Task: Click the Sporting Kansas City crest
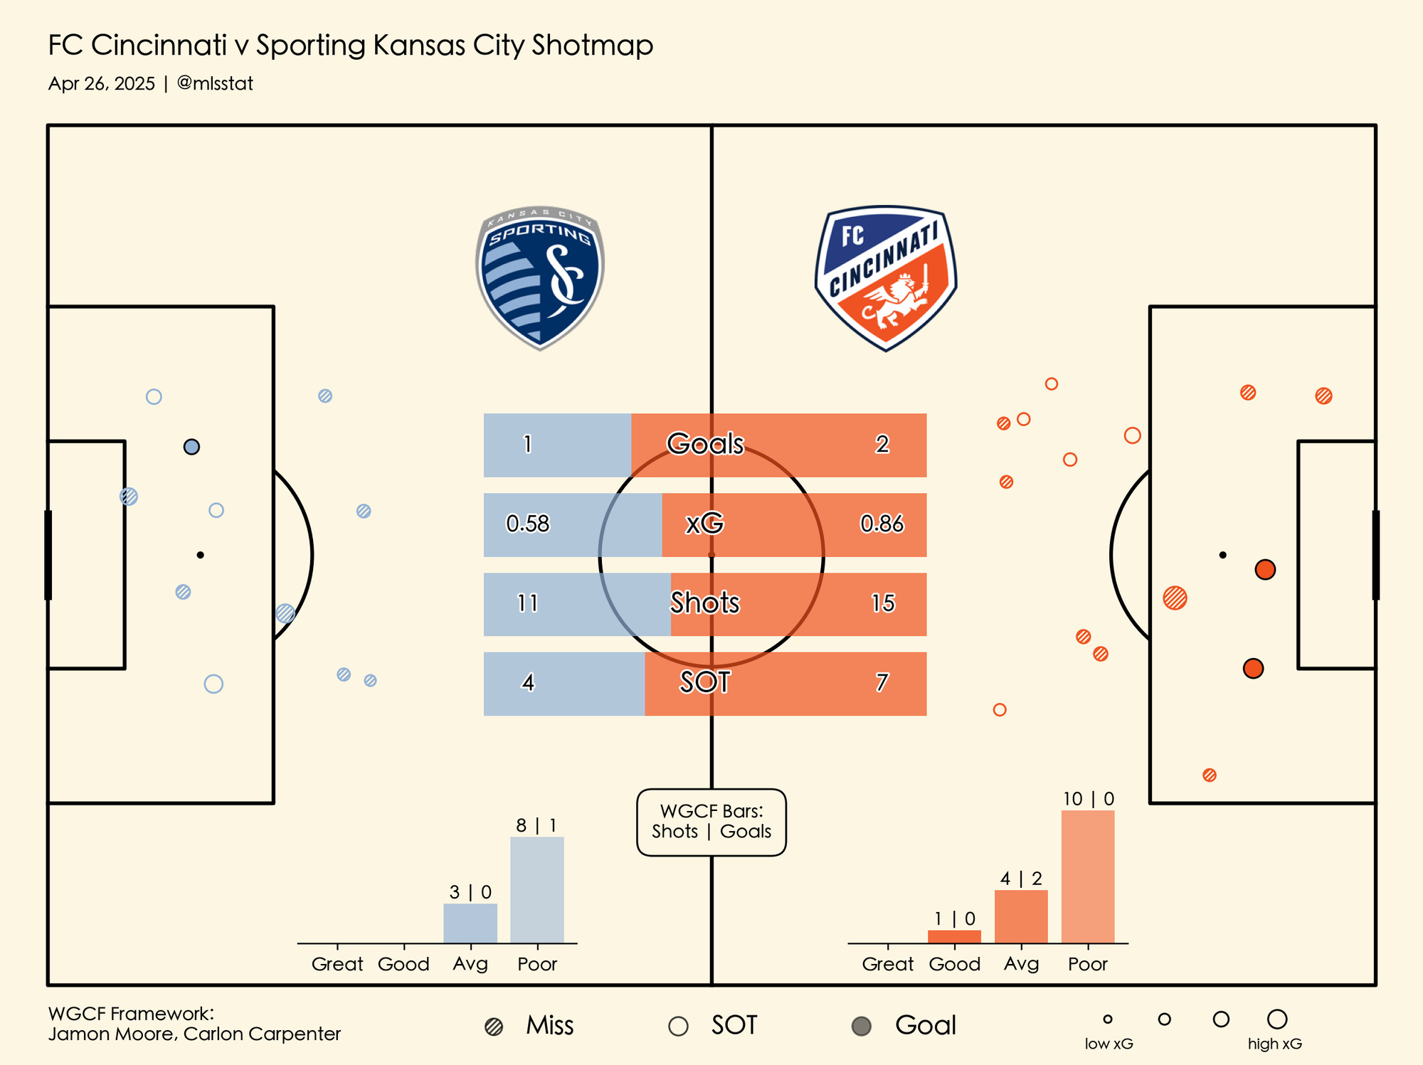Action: (539, 277)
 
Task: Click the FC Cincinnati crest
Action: (886, 277)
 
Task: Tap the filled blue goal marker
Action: (191, 447)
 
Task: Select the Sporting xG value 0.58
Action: (528, 524)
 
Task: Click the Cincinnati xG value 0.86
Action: (882, 524)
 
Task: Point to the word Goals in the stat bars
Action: (705, 444)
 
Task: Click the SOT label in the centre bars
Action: (705, 683)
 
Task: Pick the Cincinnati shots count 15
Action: (883, 603)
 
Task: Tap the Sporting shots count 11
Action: (528, 603)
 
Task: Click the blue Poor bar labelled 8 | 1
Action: (537, 890)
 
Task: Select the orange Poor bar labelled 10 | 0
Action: (1088, 876)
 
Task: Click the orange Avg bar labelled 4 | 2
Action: (1021, 916)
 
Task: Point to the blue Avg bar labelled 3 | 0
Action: (470, 923)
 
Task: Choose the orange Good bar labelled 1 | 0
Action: (954, 937)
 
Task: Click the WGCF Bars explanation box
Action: (711, 822)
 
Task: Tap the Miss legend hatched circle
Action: (494, 1027)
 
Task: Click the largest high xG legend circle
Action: (1277, 1019)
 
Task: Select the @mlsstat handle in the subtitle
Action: (215, 84)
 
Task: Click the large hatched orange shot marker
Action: (1175, 598)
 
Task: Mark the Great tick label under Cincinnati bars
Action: (888, 964)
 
